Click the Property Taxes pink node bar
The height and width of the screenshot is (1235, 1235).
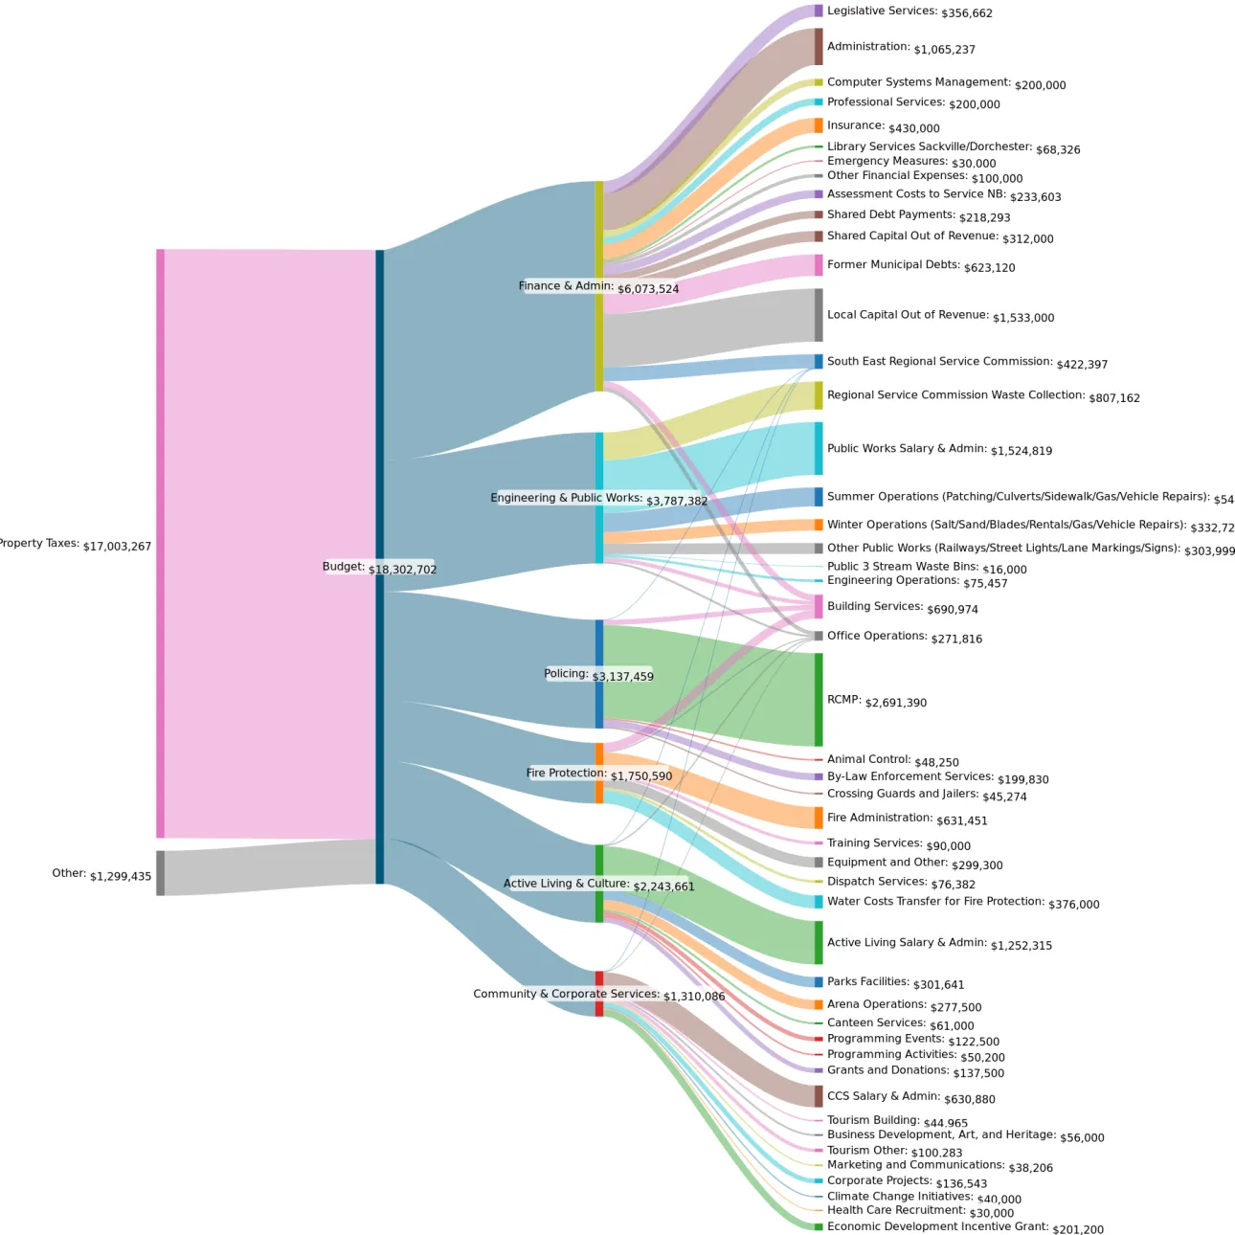pos(160,543)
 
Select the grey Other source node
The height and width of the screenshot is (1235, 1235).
pos(160,873)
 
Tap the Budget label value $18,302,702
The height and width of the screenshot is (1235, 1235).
pos(402,570)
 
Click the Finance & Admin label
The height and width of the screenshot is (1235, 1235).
pos(566,285)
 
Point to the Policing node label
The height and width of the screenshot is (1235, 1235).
pos(566,674)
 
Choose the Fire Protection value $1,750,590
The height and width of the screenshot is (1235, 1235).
pos(641,776)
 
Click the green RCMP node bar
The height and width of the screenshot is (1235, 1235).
pos(819,700)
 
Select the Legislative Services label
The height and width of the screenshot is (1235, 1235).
pos(882,11)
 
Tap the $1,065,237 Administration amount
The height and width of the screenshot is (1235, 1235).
pos(944,50)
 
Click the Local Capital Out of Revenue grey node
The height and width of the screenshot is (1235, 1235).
pos(819,315)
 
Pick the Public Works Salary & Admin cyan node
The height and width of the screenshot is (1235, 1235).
pos(819,448)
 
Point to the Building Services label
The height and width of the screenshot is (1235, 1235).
pos(875,606)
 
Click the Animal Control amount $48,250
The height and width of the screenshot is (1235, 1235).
pos(936,763)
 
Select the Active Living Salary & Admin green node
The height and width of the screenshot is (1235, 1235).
pos(819,943)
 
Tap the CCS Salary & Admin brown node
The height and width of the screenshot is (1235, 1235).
pos(819,1096)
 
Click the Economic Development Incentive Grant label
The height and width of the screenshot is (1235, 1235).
pos(937,1226)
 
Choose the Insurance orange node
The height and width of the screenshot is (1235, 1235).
pos(819,125)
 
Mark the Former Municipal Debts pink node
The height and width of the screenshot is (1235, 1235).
pos(819,265)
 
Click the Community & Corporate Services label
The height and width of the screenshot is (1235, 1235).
pos(566,994)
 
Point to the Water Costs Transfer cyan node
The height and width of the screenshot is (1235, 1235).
pos(819,902)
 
